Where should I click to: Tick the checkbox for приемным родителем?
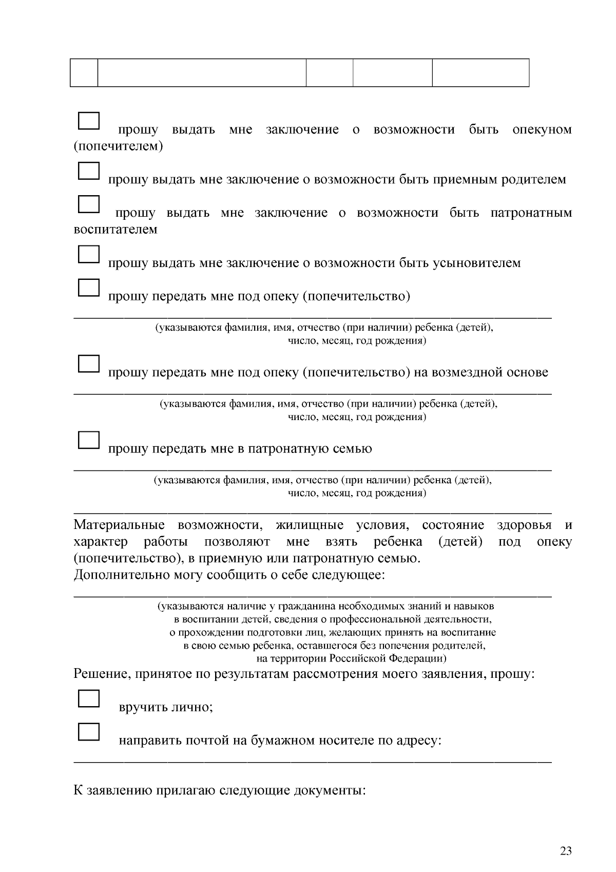[x=88, y=170]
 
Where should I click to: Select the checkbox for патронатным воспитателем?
[x=88, y=204]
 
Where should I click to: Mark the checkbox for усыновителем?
[x=88, y=254]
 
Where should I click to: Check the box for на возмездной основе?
[x=88, y=364]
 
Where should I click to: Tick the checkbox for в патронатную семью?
[x=88, y=440]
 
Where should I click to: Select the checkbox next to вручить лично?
[x=88, y=698]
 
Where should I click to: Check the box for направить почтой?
[x=88, y=732]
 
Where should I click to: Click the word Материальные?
[x=119, y=525]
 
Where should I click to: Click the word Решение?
[x=102, y=674]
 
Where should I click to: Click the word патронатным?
[x=531, y=213]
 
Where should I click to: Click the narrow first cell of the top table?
[x=84, y=72]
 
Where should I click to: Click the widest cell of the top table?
[x=202, y=72]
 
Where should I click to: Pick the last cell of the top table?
[x=480, y=72]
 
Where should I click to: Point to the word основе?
[x=527, y=372]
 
